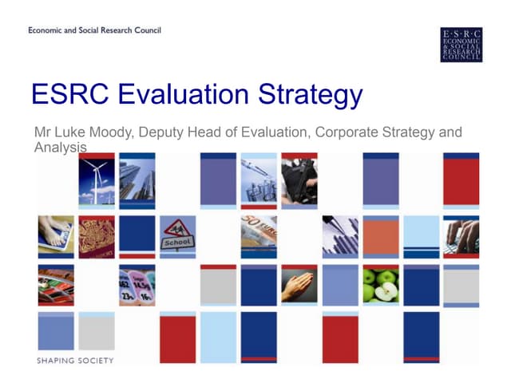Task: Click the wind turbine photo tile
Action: click(97, 181)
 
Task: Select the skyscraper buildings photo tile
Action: click(137, 181)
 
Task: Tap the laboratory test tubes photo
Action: click(259, 181)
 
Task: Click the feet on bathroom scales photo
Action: click(56, 236)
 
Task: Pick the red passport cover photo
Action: click(97, 236)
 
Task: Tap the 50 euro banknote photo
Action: click(259, 236)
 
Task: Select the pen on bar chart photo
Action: click(339, 236)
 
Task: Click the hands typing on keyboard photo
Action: click(461, 236)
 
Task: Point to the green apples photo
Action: click(380, 286)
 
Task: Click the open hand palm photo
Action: click(299, 286)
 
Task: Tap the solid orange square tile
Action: click(380, 237)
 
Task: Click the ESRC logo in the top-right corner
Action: click(461, 45)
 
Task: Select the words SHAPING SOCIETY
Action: click(75, 361)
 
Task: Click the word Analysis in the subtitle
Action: click(60, 148)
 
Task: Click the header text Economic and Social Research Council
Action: click(94, 30)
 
